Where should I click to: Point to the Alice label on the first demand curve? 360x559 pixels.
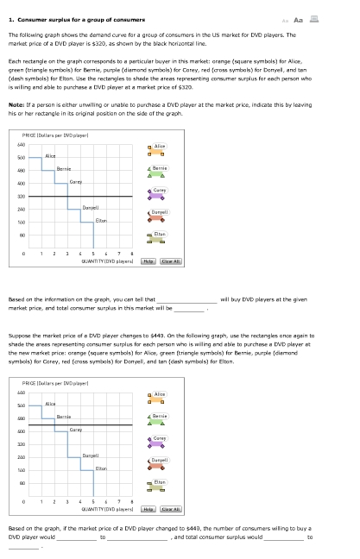pyautogui.click(x=49, y=155)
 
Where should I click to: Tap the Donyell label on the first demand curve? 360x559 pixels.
pyautogui.click(x=90, y=209)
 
